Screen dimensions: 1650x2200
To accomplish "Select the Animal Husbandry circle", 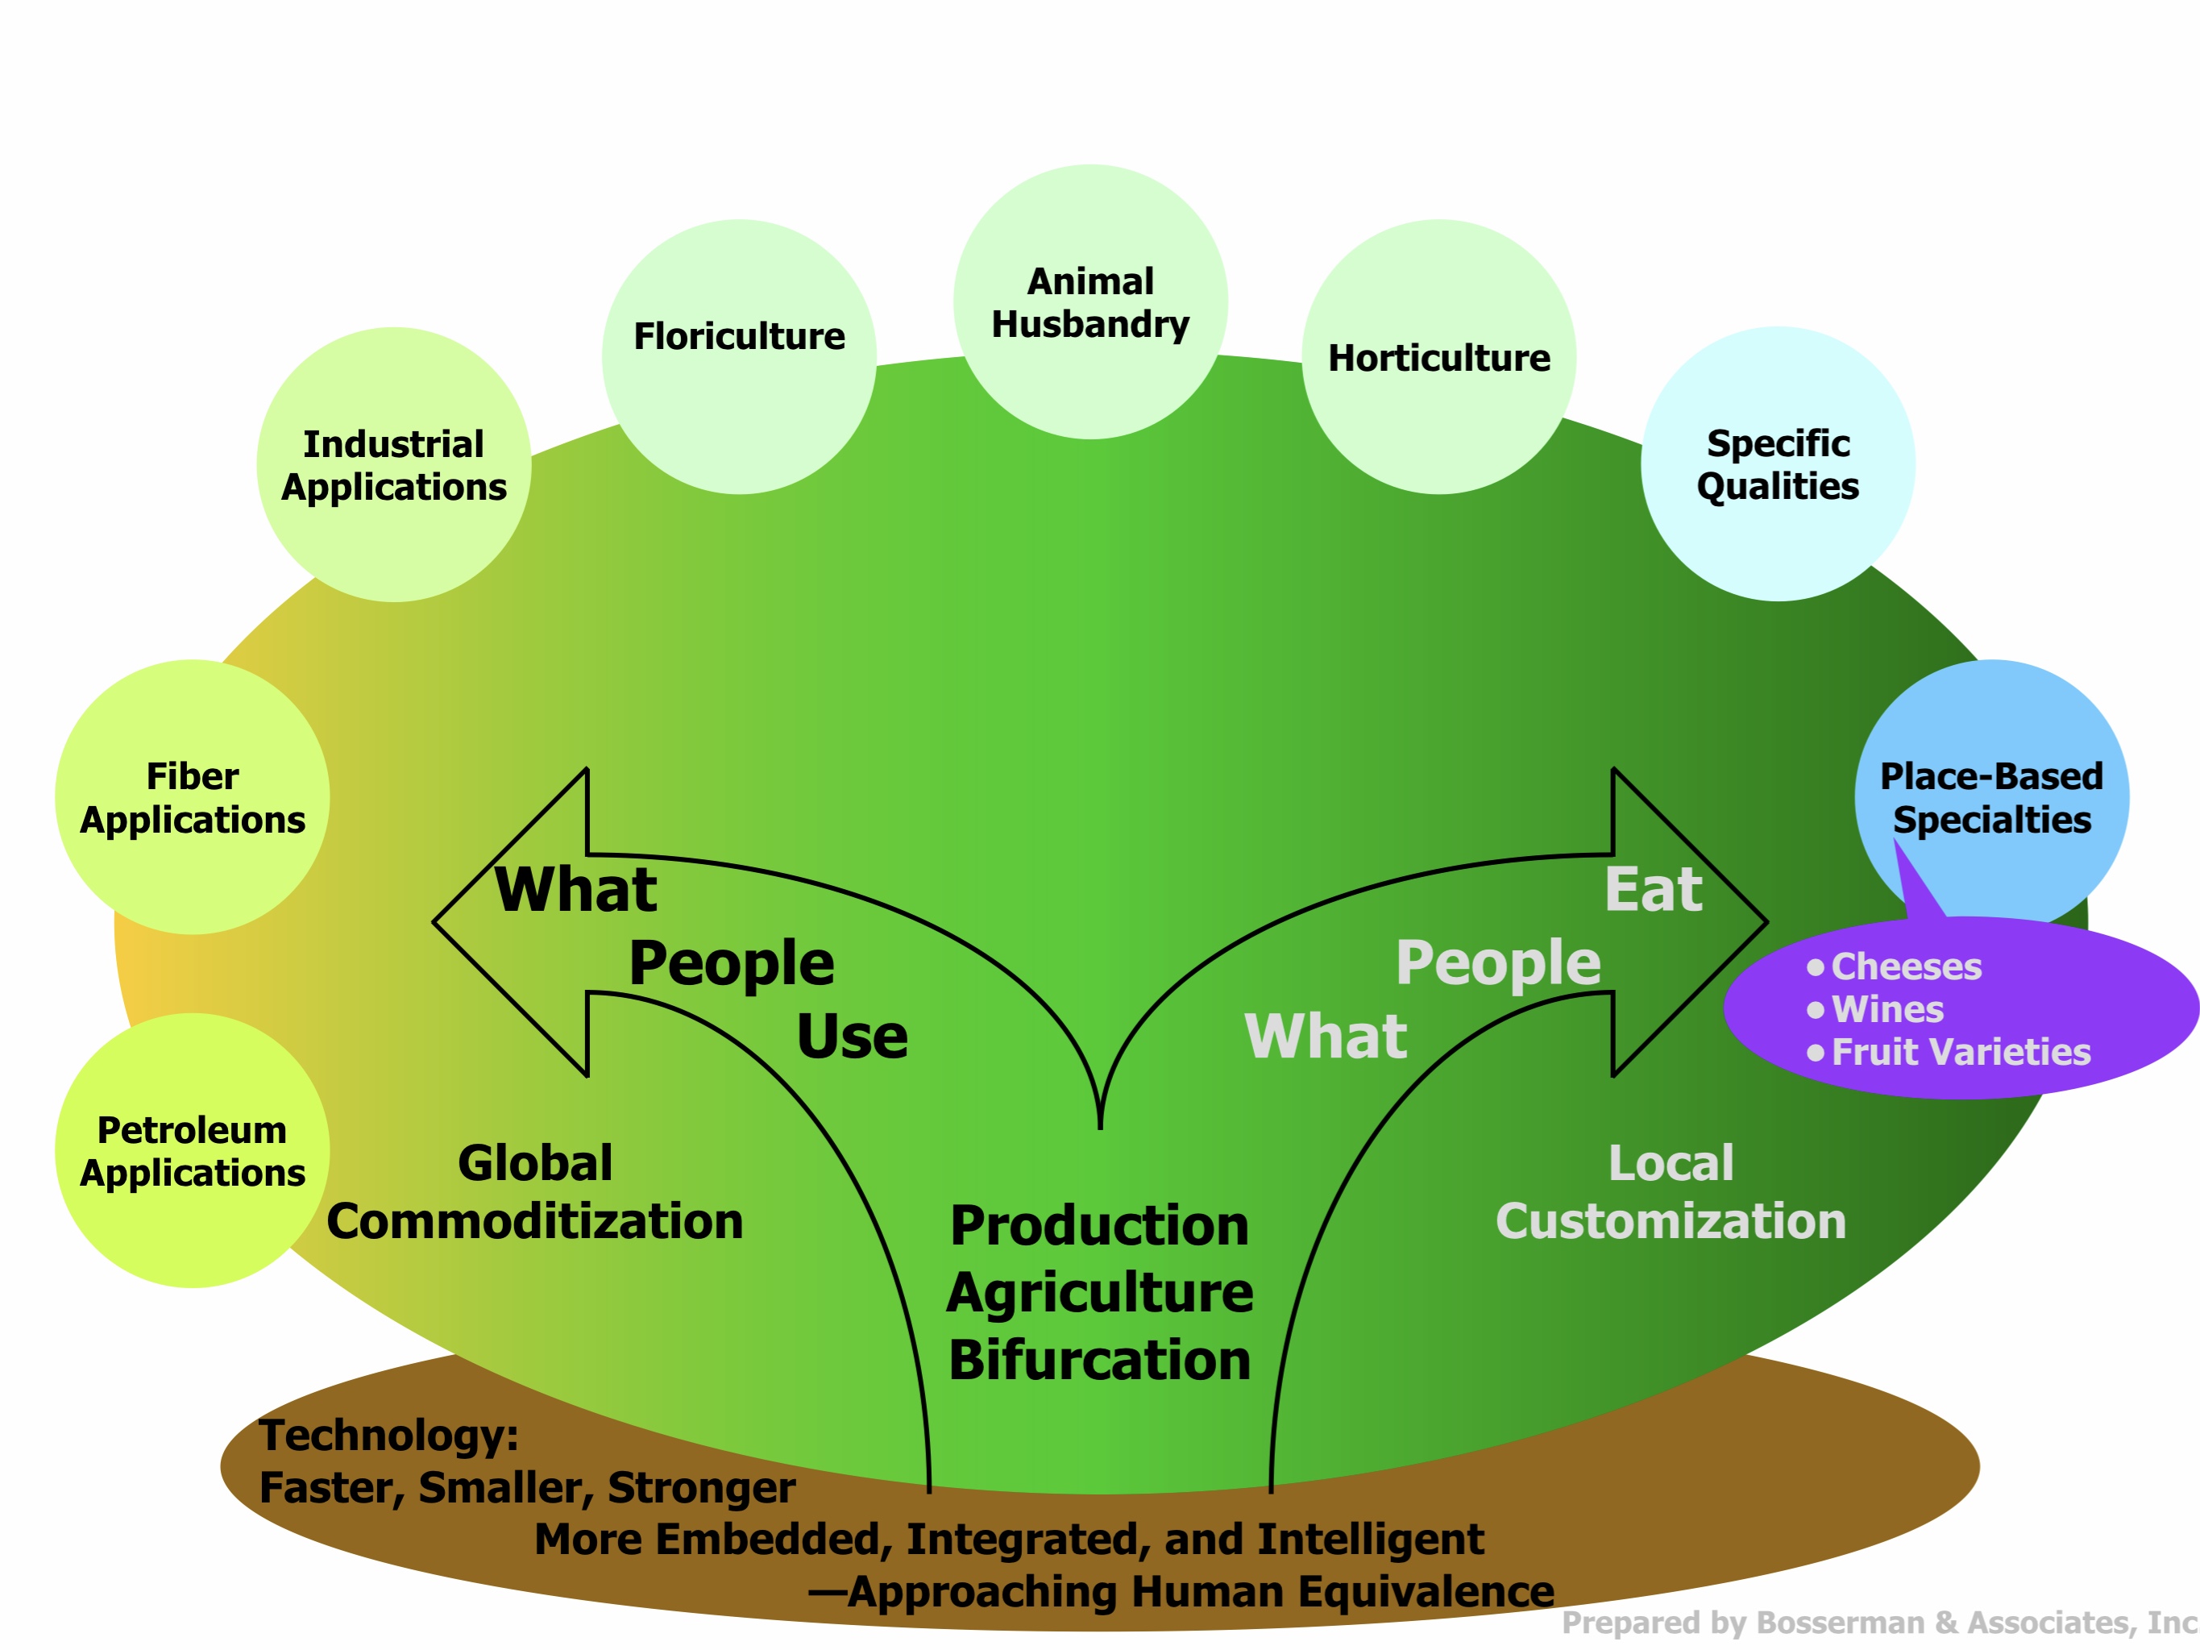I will (x=1090, y=301).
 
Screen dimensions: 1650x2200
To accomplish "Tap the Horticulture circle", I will (x=1438, y=357).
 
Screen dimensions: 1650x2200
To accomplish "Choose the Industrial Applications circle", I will (x=394, y=464).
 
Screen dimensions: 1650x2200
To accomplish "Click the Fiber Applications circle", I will (x=192, y=796).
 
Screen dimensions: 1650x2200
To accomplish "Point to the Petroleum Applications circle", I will (x=192, y=1151).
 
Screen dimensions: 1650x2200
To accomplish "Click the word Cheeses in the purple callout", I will (x=1906, y=966).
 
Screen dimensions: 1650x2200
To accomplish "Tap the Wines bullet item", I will (x=1887, y=1009).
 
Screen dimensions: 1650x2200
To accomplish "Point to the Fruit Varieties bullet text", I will (x=1961, y=1052).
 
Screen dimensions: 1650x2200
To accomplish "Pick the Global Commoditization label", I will (x=535, y=1192).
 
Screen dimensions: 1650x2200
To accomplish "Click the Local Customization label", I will (x=1670, y=1192).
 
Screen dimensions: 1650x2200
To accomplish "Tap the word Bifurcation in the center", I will (x=1099, y=1360).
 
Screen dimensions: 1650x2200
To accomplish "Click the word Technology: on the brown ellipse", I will (x=388, y=1435).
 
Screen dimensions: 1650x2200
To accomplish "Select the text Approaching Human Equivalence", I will (x=1199, y=1591).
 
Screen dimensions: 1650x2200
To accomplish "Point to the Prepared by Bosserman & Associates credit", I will (x=1878, y=1623).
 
